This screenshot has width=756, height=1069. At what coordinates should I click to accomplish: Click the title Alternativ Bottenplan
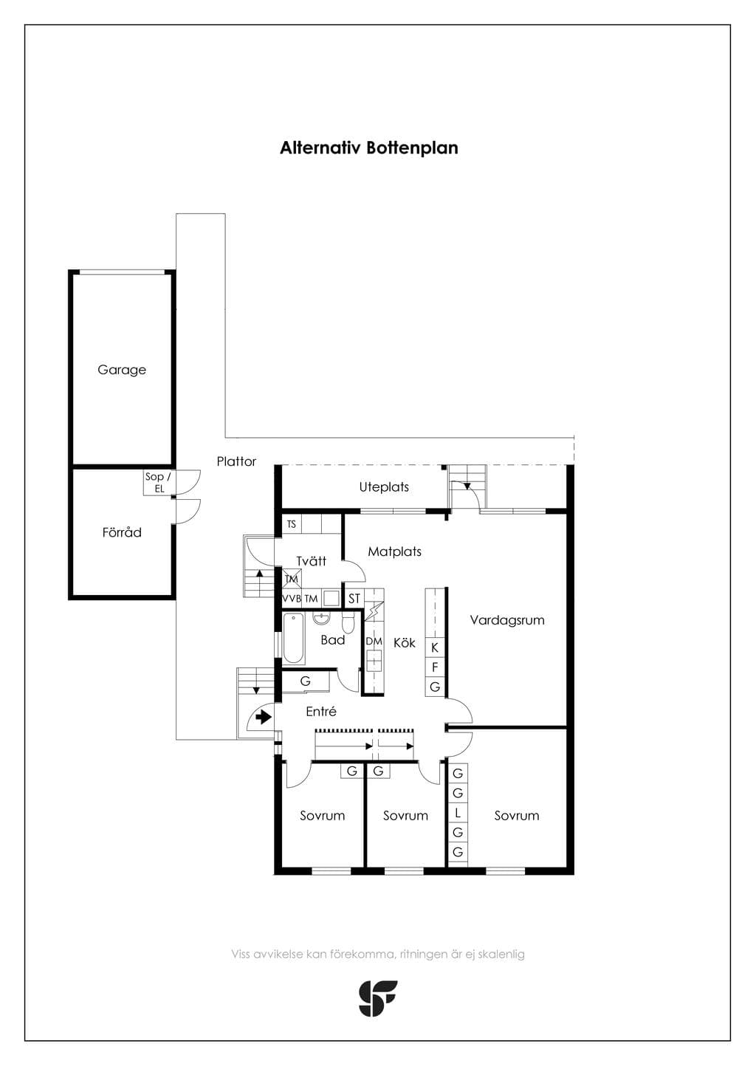[368, 148]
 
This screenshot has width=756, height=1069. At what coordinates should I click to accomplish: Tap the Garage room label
[122, 370]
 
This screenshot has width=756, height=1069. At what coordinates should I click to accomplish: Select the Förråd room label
[122, 532]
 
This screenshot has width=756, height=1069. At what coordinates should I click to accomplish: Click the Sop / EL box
[158, 483]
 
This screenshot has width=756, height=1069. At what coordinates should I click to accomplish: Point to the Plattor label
[236, 461]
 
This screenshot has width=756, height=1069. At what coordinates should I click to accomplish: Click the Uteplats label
[384, 487]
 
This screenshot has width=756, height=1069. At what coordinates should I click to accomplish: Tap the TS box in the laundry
[291, 524]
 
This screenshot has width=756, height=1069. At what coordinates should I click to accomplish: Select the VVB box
[292, 599]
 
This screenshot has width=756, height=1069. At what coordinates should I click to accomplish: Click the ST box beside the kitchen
[354, 599]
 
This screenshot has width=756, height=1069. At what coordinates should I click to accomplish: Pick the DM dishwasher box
[374, 642]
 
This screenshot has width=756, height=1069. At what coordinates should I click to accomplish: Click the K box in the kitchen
[435, 647]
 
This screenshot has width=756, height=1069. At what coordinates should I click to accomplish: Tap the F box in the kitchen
[435, 667]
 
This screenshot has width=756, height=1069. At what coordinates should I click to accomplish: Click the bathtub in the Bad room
[294, 639]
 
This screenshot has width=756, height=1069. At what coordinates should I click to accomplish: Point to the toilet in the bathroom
[348, 623]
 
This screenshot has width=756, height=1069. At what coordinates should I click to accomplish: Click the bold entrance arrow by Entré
[264, 717]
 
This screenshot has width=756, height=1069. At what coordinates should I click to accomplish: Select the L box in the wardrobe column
[458, 813]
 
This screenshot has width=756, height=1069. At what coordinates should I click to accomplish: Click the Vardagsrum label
[507, 620]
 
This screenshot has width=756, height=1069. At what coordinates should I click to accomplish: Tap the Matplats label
[394, 551]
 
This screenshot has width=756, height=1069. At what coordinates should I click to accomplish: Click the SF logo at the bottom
[377, 998]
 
